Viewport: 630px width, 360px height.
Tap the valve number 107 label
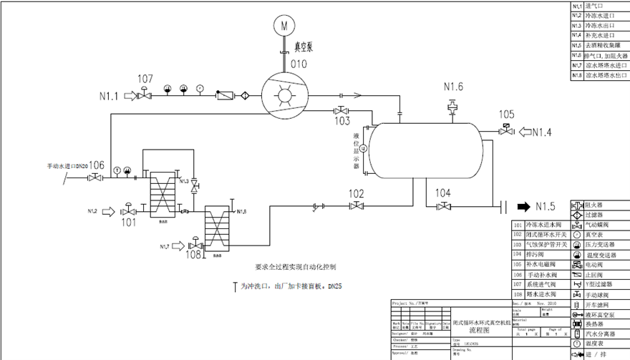tap(145, 79)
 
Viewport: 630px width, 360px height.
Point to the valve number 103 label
tap(343, 122)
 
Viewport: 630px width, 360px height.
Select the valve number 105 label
tap(506, 114)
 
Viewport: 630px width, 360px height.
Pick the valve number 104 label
tap(442, 193)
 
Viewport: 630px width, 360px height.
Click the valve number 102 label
tap(356, 193)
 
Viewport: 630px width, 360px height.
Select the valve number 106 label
tap(97, 165)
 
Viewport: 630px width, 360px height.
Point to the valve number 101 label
tap(127, 223)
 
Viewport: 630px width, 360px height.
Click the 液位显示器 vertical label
tap(356, 151)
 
